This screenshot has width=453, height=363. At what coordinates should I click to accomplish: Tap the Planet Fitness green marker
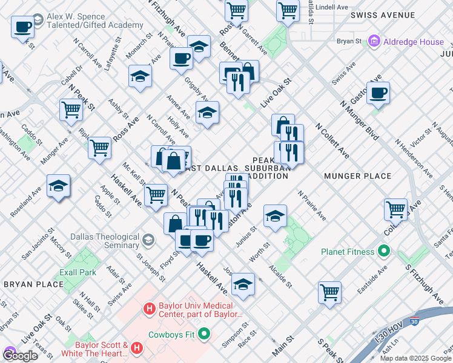click(383, 250)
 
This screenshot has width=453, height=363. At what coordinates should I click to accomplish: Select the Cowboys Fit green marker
click(204, 333)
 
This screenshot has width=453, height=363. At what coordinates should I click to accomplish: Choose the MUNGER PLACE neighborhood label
click(357, 176)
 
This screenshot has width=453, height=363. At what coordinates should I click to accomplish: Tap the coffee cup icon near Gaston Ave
click(378, 93)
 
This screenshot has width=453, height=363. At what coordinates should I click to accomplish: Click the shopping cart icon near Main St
click(329, 292)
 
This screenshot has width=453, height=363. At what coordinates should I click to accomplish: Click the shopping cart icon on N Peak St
click(71, 110)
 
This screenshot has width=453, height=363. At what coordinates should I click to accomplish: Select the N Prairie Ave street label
click(312, 206)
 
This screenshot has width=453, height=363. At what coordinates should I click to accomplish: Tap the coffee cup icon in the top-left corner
click(22, 27)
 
